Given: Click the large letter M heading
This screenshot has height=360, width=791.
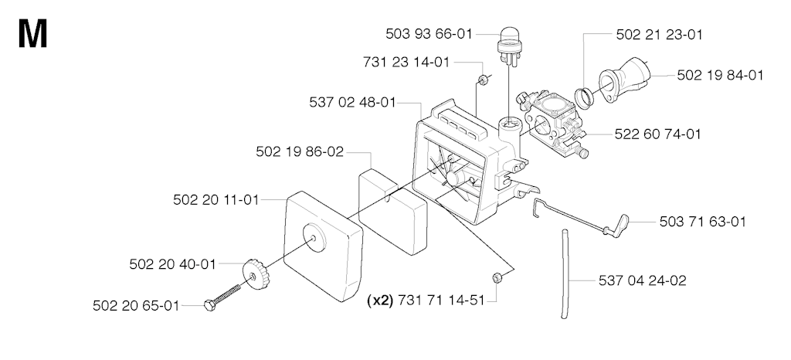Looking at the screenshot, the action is coord(32,33).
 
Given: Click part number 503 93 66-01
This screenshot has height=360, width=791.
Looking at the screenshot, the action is coord(429,34).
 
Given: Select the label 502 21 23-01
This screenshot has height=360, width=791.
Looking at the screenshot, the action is coord(660,34).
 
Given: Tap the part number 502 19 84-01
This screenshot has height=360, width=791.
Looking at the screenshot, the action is coord(720,75).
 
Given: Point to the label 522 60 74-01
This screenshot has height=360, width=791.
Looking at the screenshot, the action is coord(658,134).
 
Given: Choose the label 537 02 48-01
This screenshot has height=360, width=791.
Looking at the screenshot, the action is coord(352,102).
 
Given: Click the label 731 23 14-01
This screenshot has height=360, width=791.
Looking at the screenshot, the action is coord(406,62).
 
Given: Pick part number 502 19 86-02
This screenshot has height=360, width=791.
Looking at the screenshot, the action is coord(300,151).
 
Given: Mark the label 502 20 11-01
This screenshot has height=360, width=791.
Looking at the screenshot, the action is coord(216,200).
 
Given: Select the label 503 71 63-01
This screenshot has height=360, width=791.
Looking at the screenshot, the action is coord(703,222).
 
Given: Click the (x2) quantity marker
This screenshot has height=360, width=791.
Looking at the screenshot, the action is coord(380,301).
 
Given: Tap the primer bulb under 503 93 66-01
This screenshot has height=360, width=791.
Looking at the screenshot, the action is coord(509,46).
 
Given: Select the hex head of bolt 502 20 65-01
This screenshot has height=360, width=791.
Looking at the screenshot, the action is coord(209,305).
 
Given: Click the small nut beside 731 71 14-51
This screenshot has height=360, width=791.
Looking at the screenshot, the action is coord(497,277).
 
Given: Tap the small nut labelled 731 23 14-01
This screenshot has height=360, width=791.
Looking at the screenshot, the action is coord(484,80).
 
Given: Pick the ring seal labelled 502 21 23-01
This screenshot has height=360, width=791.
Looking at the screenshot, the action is coord(586,97).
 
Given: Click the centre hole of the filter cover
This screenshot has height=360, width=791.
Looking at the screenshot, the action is coord(314,238).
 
